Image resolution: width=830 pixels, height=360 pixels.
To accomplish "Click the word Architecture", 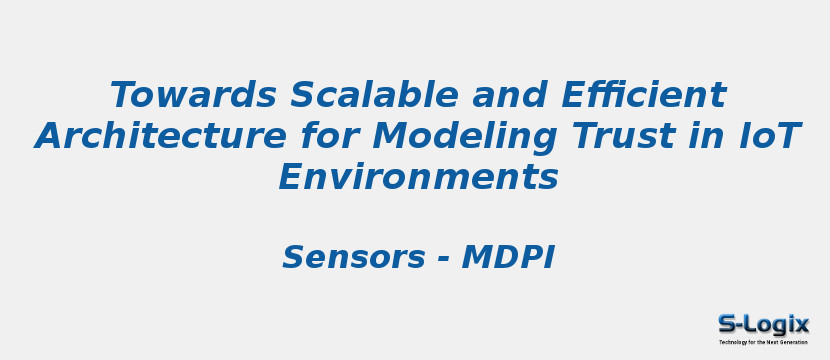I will [158, 136].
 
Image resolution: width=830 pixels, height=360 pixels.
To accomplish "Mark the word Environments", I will [418, 177].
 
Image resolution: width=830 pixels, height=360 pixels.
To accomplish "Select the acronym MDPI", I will [507, 258].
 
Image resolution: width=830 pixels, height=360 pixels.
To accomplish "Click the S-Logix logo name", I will [763, 324].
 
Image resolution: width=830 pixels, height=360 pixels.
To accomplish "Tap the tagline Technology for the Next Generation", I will [763, 342].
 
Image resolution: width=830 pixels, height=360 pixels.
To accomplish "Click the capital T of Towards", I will [123, 96].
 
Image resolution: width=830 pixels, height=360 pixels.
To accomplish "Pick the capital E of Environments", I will [290, 177].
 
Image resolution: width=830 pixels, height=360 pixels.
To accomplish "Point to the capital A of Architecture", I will [49, 136].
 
